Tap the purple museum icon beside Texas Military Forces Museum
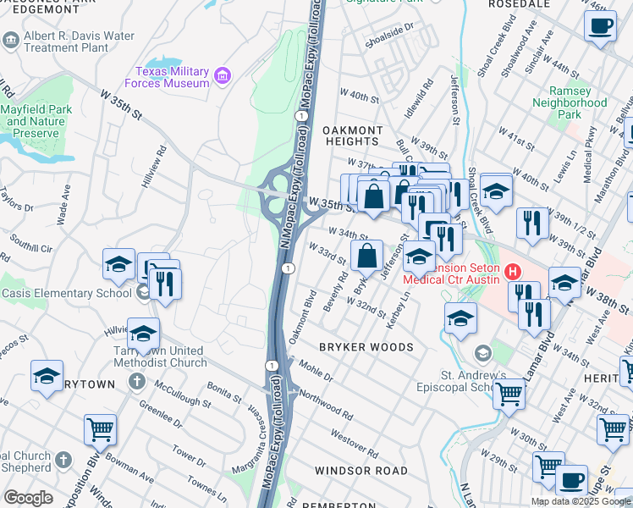[223, 77]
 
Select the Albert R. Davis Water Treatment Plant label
[79, 41]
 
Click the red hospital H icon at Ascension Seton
[512, 272]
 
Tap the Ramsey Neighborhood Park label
[570, 102]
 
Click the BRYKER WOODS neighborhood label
[366, 347]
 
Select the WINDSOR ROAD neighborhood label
[361, 470]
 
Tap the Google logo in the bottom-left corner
[28, 498]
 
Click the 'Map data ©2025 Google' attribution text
[581, 501]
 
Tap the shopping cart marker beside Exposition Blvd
[100, 429]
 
